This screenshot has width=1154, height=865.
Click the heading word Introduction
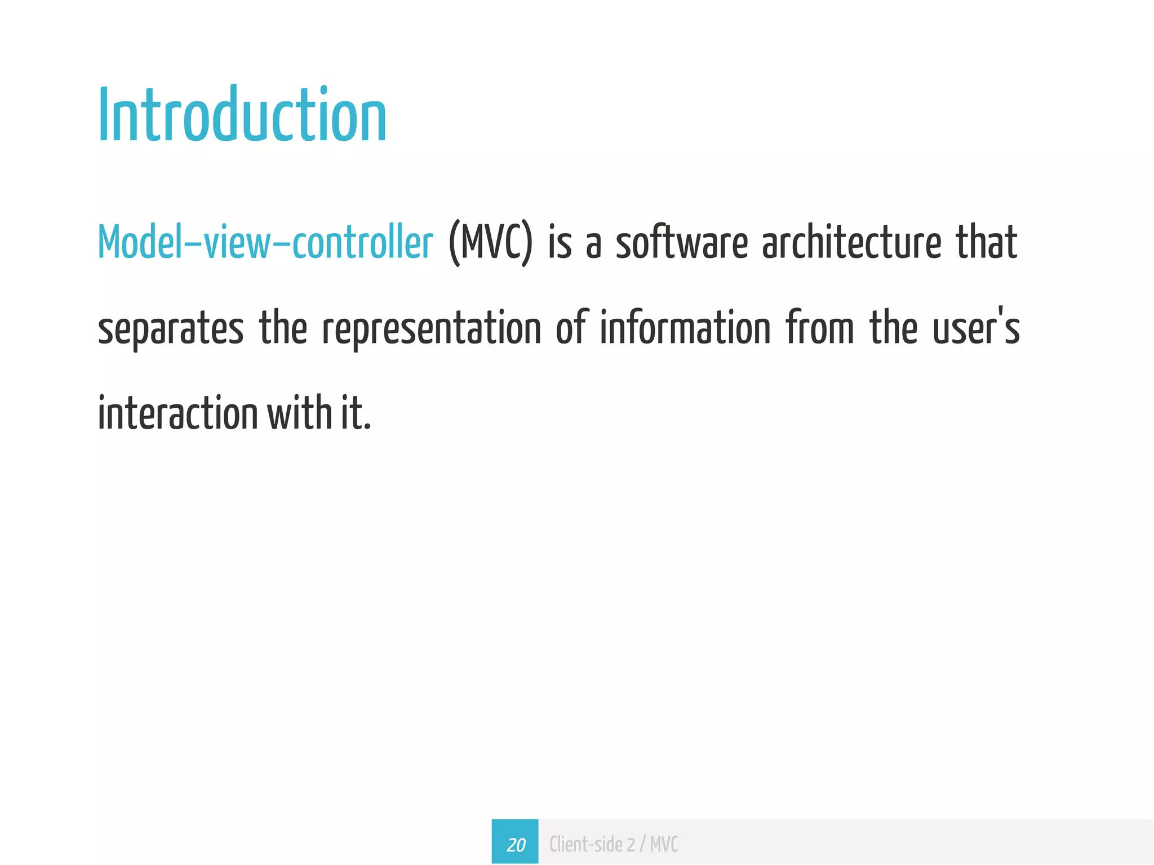coord(242,116)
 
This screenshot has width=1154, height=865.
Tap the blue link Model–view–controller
coord(265,243)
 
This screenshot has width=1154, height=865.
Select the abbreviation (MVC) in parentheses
coord(490,243)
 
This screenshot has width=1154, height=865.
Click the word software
coord(681,243)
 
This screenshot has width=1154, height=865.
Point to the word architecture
coord(851,243)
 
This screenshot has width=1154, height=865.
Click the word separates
coord(171,329)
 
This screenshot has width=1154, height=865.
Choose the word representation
coord(432,329)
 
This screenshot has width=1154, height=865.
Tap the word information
coord(685,329)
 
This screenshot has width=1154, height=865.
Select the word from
coord(820,329)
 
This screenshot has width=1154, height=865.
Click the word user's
coord(976,329)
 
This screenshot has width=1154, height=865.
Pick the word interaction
coord(177,414)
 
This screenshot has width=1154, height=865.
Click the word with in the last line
coord(299,414)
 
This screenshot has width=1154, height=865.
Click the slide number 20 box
coord(515,844)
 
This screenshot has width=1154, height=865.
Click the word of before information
coord(572,329)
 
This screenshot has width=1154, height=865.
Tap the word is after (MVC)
coord(560,243)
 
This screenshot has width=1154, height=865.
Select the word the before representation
coord(283,329)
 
